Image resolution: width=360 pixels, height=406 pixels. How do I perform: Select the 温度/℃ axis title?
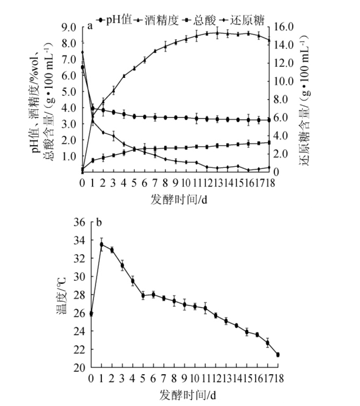coord(63,295)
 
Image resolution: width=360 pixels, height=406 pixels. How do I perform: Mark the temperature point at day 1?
coord(102,244)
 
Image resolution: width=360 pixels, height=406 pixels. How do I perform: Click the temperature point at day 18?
coord(278,355)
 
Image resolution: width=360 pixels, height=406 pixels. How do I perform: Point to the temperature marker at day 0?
coord(91,314)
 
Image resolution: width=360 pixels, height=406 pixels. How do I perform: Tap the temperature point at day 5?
coord(143,295)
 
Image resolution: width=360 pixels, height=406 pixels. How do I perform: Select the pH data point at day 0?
coord(83,67)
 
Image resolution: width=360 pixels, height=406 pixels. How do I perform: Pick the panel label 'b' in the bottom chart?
coord(99,222)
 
